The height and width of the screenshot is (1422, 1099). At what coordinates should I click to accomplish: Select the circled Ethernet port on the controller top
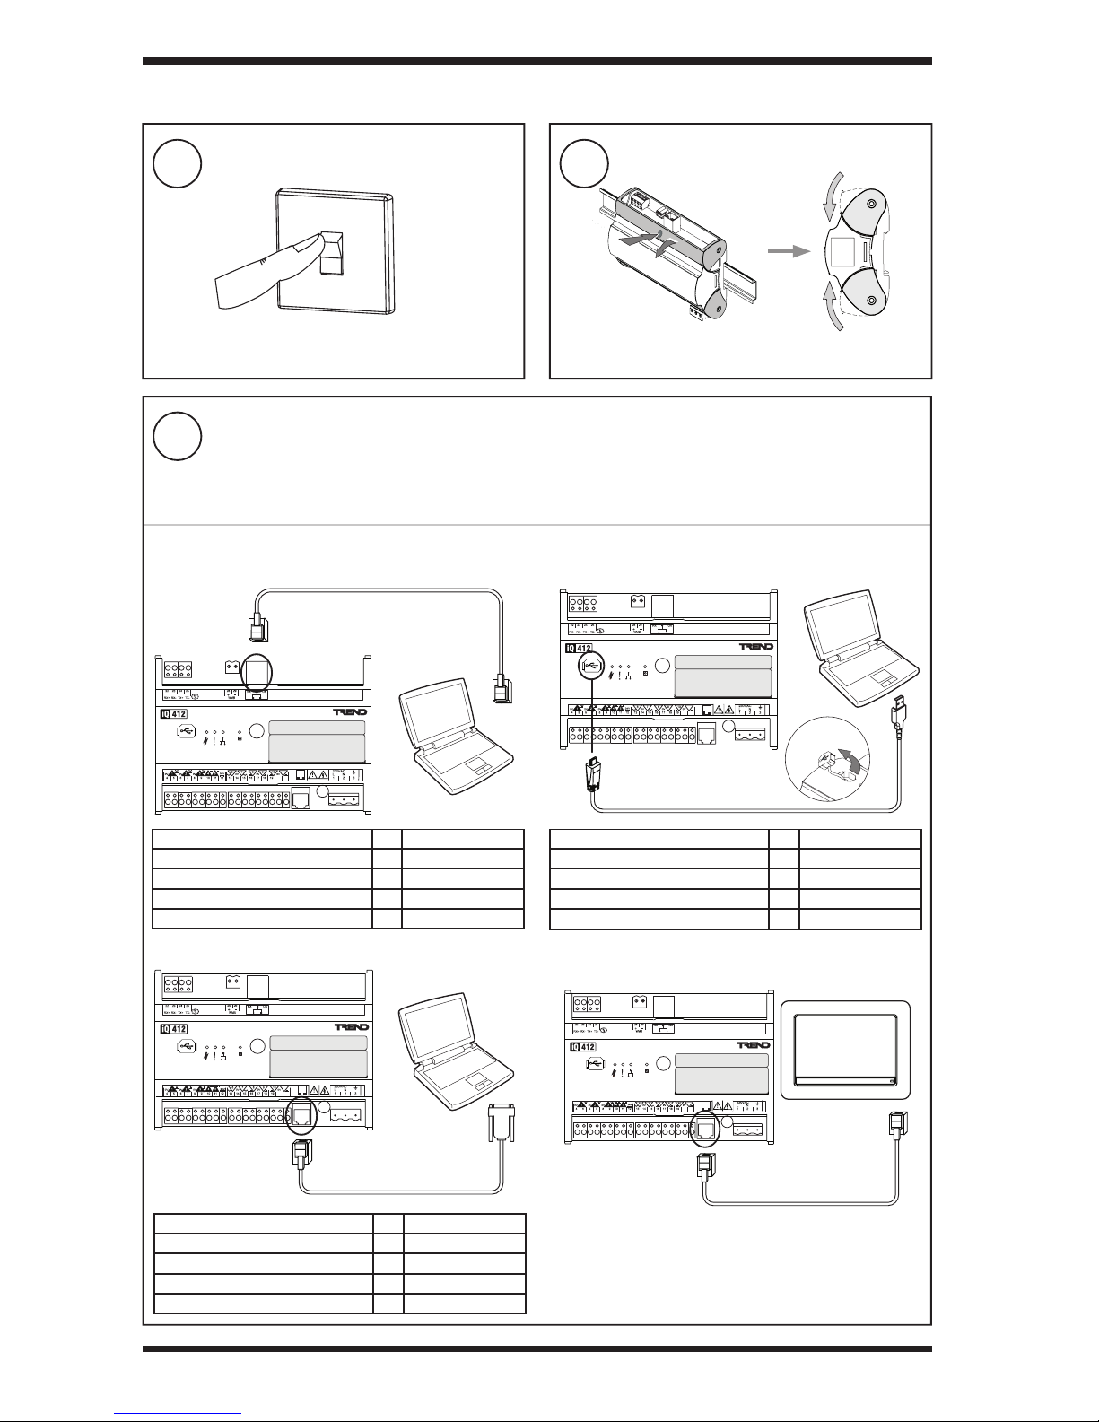(x=257, y=671)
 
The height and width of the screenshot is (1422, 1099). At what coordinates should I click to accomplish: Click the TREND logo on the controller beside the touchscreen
(x=753, y=1045)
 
